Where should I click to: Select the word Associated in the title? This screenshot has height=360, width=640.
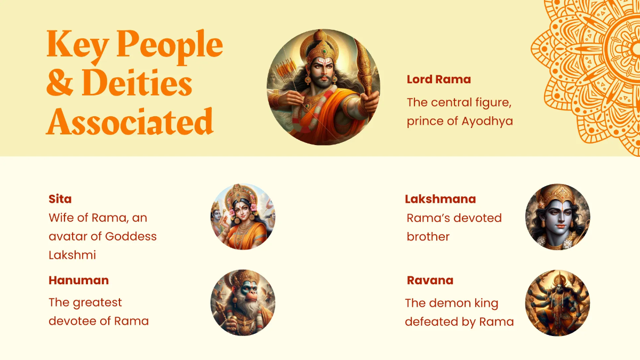click(x=130, y=122)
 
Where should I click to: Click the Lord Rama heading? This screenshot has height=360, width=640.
click(x=438, y=79)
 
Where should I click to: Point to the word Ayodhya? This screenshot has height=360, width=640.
click(x=487, y=121)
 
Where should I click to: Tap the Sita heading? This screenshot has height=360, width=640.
click(x=60, y=199)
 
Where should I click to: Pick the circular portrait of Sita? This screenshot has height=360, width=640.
click(x=243, y=217)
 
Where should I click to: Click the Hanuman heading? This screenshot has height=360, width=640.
click(x=78, y=281)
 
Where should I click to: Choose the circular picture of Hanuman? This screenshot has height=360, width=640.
click(x=243, y=302)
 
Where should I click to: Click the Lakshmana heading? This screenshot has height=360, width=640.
click(x=440, y=199)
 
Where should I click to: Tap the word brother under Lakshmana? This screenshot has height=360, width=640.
click(x=428, y=237)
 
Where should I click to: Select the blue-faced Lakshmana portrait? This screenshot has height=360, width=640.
click(x=557, y=217)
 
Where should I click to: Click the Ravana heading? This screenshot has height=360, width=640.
click(x=430, y=281)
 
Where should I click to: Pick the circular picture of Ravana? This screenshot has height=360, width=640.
click(x=557, y=302)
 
